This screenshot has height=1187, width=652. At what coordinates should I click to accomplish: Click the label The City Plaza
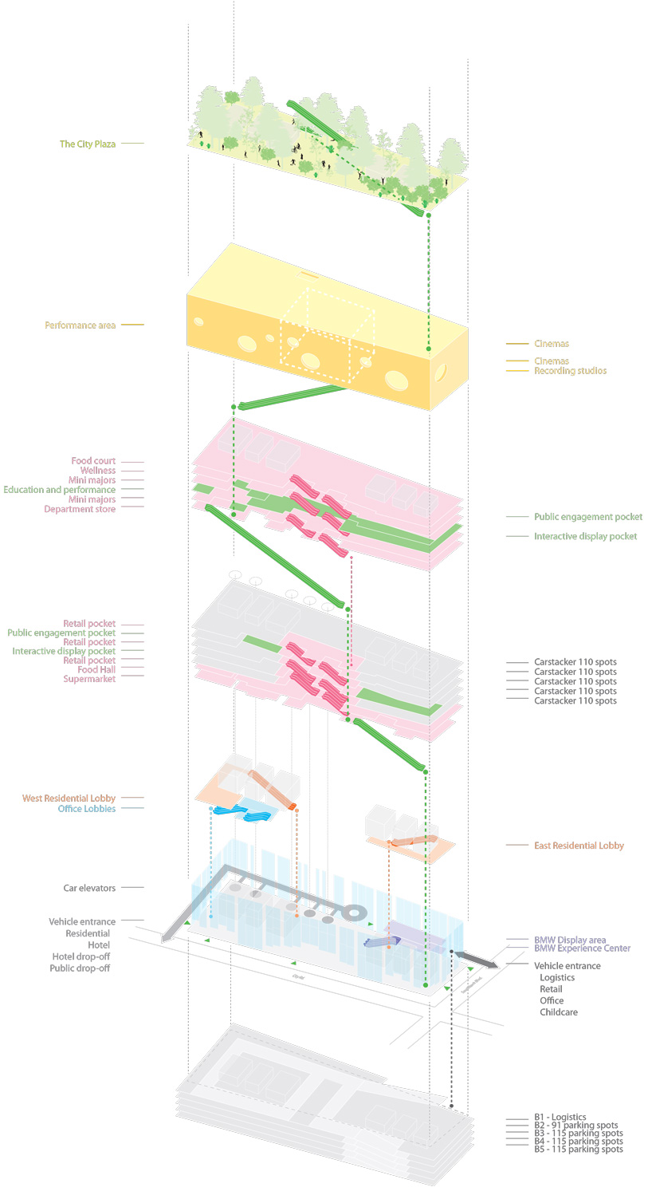pyautogui.click(x=88, y=144)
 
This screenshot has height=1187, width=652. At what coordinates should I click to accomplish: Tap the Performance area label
pyautogui.click(x=80, y=325)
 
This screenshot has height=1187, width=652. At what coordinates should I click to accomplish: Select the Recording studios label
pyautogui.click(x=570, y=371)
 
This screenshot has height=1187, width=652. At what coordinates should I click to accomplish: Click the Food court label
pyautogui.click(x=93, y=461)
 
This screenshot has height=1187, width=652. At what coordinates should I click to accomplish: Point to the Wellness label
pyautogui.click(x=98, y=471)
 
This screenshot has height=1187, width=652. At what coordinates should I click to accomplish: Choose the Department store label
pyautogui.click(x=80, y=509)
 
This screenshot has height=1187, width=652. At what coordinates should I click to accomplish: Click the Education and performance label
pyautogui.click(x=60, y=490)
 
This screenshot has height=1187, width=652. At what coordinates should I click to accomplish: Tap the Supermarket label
pyautogui.click(x=89, y=679)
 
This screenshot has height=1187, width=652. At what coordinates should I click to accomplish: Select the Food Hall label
pyautogui.click(x=96, y=669)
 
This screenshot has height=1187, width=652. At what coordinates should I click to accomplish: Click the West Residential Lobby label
pyautogui.click(x=69, y=799)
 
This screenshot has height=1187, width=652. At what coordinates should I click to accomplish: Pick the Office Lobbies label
pyautogui.click(x=86, y=809)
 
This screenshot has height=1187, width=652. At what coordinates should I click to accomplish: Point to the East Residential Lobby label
pyautogui.click(x=579, y=846)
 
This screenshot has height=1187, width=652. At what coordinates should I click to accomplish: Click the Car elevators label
pyautogui.click(x=89, y=888)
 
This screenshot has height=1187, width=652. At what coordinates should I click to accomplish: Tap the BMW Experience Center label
pyautogui.click(x=582, y=948)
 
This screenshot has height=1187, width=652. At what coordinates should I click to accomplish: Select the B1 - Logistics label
pyautogui.click(x=560, y=1118)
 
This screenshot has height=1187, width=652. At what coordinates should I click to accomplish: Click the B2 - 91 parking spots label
pyautogui.click(x=575, y=1126)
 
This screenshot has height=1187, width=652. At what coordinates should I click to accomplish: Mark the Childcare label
pyautogui.click(x=559, y=1012)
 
